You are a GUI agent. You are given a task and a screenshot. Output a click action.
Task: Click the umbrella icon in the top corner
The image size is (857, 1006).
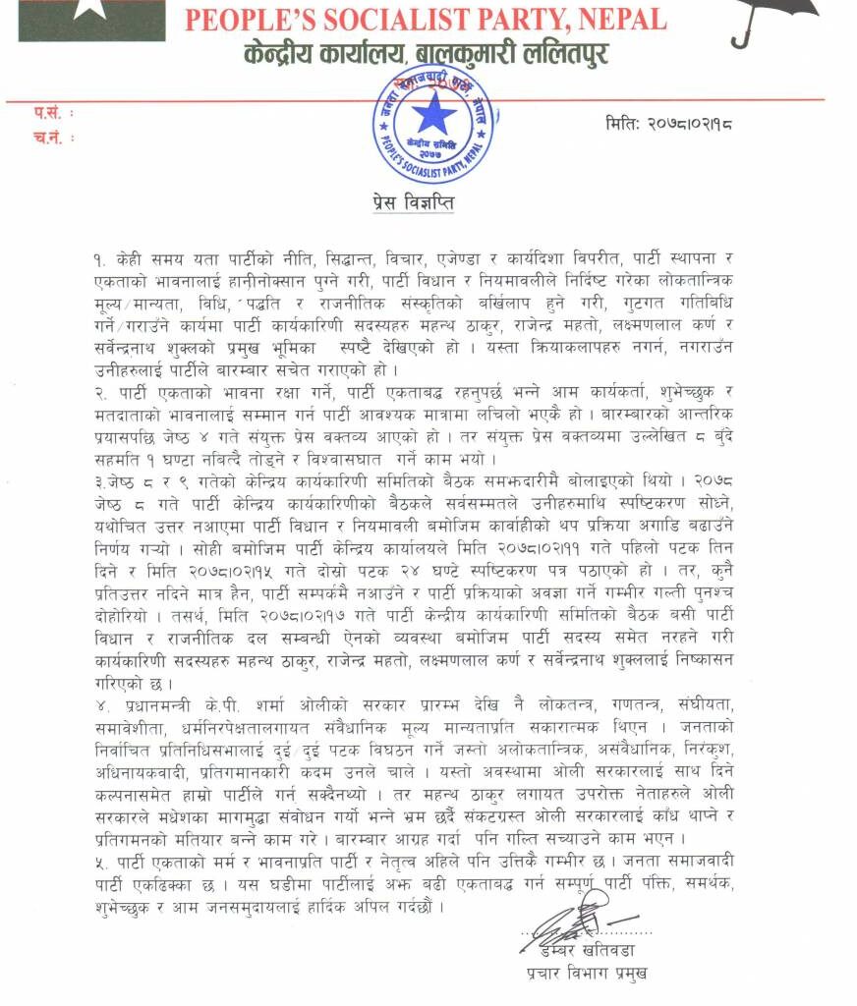point(772,19)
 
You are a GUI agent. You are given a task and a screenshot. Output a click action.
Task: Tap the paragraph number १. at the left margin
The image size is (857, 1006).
point(98,258)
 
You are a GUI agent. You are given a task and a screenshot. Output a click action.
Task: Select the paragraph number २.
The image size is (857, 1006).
point(98,392)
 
